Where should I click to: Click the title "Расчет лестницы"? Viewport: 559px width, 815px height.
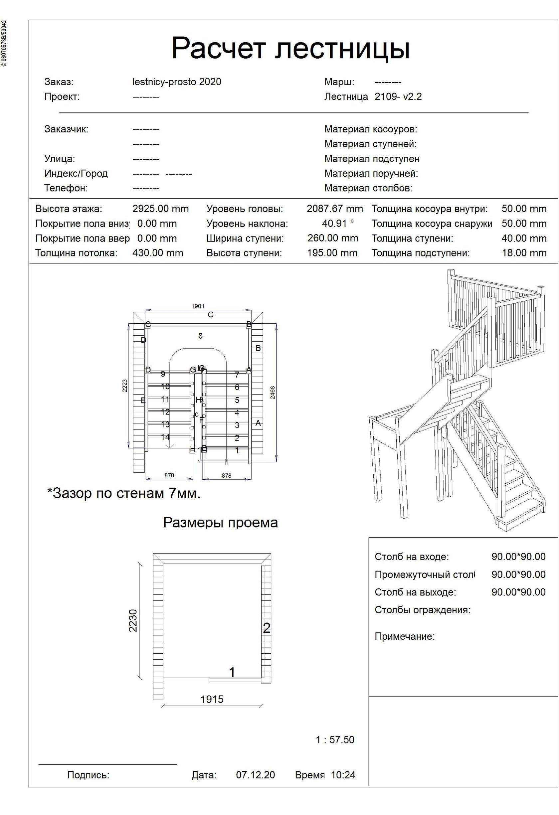(290, 48)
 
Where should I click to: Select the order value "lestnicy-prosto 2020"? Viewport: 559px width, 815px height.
(177, 82)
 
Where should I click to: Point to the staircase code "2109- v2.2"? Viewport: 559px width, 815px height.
(398, 97)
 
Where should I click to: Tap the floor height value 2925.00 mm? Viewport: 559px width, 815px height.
(160, 209)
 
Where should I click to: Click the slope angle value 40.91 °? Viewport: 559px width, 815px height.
(338, 224)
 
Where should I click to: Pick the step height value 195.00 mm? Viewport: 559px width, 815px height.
(332, 253)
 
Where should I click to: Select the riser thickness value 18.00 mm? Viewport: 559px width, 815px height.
(524, 253)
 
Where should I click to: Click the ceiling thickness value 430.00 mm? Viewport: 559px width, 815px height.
(158, 253)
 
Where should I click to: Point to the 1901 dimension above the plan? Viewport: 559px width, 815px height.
(198, 306)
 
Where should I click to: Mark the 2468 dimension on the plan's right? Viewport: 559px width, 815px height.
(273, 393)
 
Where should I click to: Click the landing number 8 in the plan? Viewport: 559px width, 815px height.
(200, 336)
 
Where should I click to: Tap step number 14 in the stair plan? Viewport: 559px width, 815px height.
(165, 437)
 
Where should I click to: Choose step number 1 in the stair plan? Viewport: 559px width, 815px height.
(237, 451)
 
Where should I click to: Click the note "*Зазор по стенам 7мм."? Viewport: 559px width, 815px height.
(124, 493)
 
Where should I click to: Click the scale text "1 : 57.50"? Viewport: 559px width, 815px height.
(335, 740)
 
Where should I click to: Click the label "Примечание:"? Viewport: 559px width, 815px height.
(404, 636)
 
